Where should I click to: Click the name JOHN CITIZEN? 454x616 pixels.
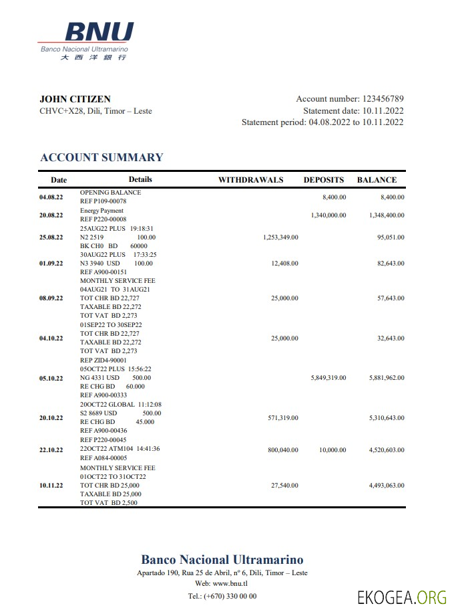click(75, 99)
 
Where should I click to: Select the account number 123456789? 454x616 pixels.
click(383, 99)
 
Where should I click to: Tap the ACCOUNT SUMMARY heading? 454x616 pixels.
click(101, 158)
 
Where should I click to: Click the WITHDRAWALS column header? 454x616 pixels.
click(251, 180)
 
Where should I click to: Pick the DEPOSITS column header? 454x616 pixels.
click(324, 180)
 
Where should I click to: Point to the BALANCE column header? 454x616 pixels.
click(377, 180)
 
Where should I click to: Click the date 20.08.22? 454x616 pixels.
click(51, 215)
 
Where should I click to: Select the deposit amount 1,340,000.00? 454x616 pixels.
click(328, 215)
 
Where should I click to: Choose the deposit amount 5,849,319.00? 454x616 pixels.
click(328, 378)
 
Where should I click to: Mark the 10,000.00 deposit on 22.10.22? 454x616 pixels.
click(332, 450)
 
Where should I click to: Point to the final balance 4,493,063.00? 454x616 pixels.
click(387, 486)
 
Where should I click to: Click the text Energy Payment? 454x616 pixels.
click(101, 211)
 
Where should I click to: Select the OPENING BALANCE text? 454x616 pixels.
click(110, 193)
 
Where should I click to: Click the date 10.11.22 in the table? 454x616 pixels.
click(51, 486)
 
